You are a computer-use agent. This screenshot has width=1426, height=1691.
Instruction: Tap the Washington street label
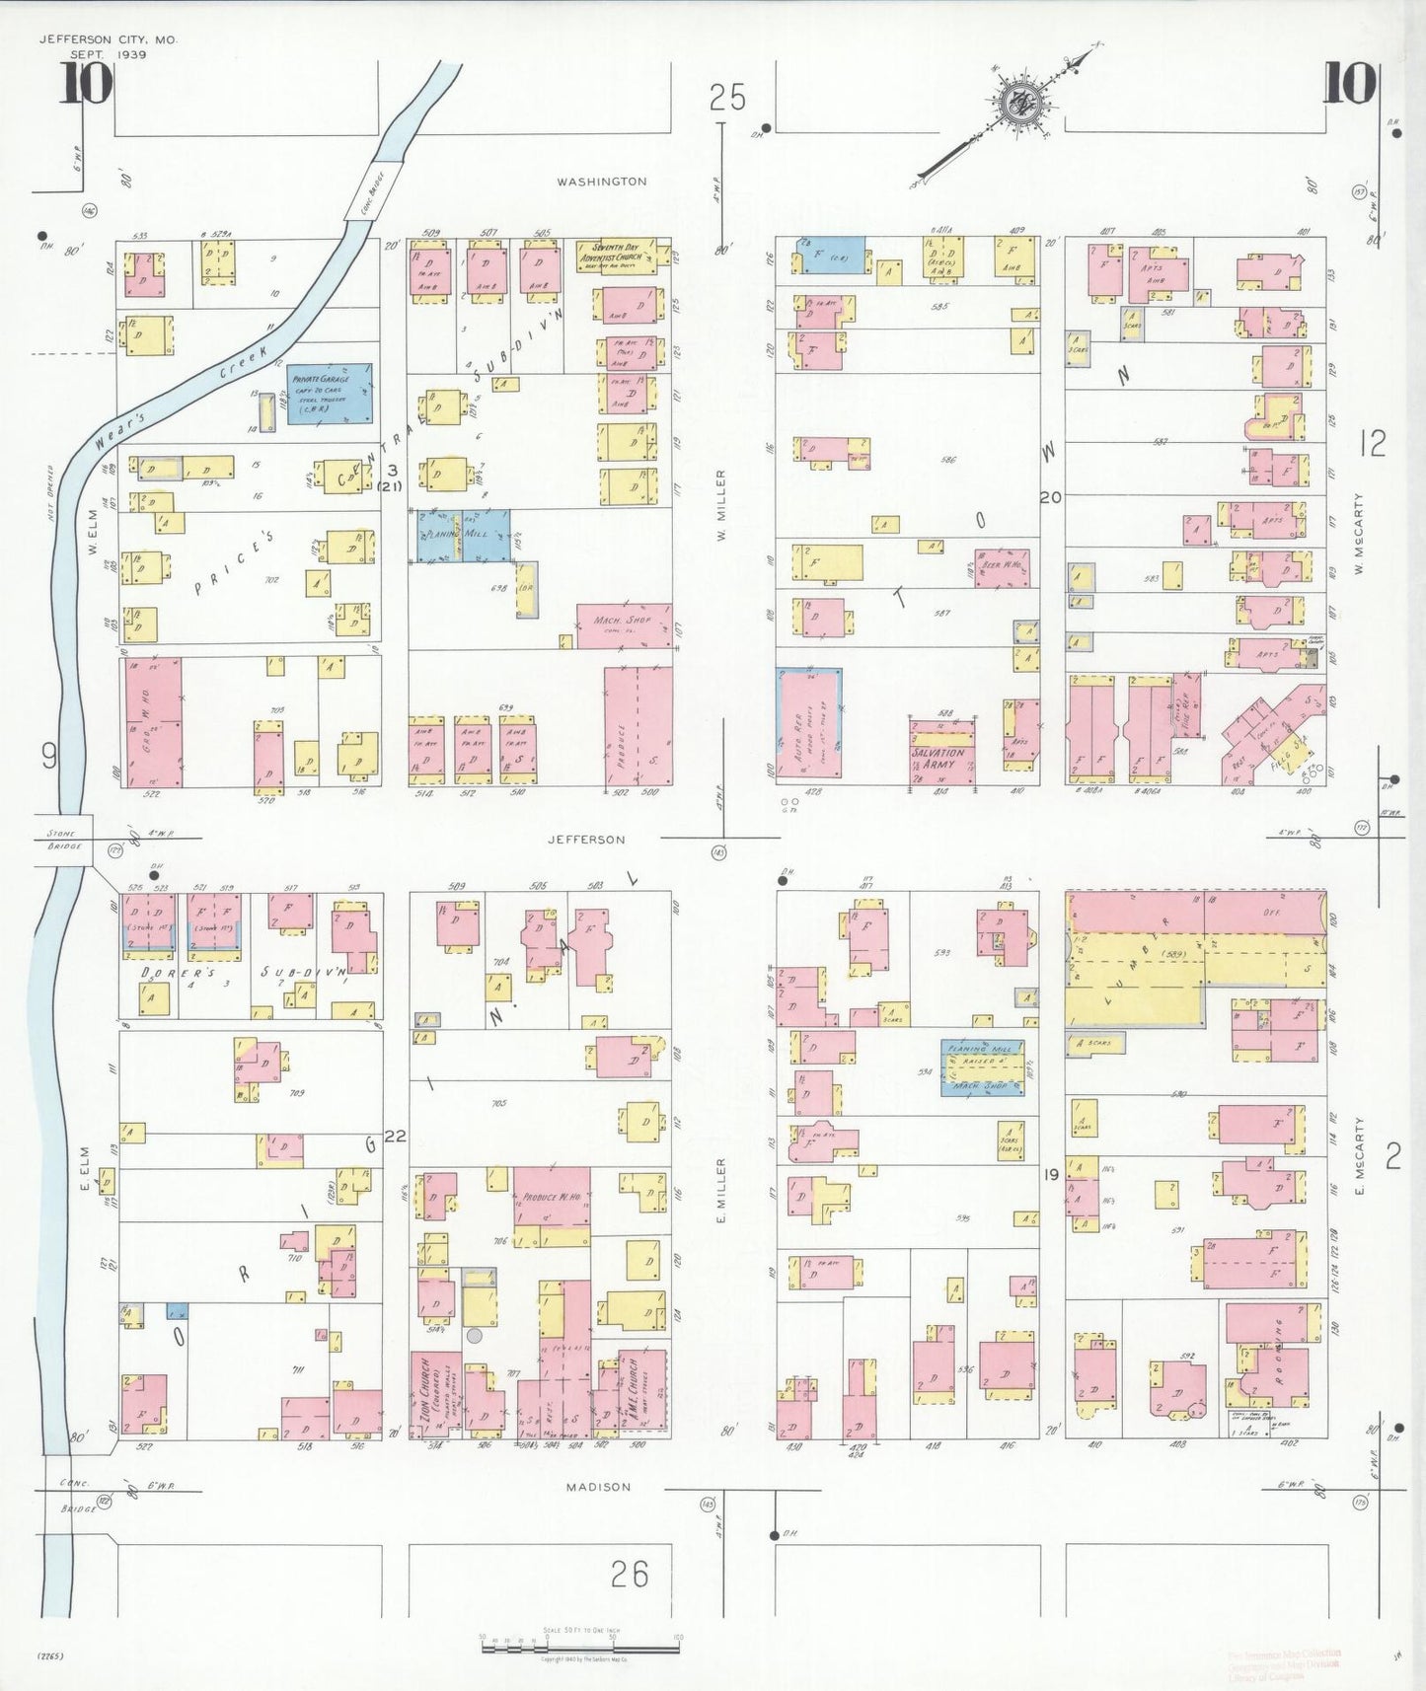click(x=602, y=182)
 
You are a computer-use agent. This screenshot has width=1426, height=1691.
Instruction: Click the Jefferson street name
click(x=587, y=840)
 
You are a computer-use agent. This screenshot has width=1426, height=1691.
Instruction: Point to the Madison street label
click(x=598, y=1487)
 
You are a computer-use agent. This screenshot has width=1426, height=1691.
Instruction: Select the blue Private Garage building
click(x=330, y=393)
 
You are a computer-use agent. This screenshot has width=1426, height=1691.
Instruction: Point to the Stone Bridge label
click(x=63, y=840)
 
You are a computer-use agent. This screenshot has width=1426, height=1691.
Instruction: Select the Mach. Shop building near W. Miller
click(x=624, y=625)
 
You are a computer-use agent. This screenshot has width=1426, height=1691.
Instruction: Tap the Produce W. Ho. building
click(x=551, y=1206)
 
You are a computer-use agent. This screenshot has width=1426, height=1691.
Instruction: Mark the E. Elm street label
click(x=86, y=1168)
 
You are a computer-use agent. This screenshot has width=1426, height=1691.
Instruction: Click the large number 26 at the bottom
click(x=629, y=1574)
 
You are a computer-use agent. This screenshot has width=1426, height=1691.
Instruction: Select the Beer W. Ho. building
click(x=1001, y=568)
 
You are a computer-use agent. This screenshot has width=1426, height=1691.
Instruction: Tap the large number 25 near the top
click(x=727, y=98)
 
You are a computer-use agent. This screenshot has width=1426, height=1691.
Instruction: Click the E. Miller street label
click(x=721, y=1191)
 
